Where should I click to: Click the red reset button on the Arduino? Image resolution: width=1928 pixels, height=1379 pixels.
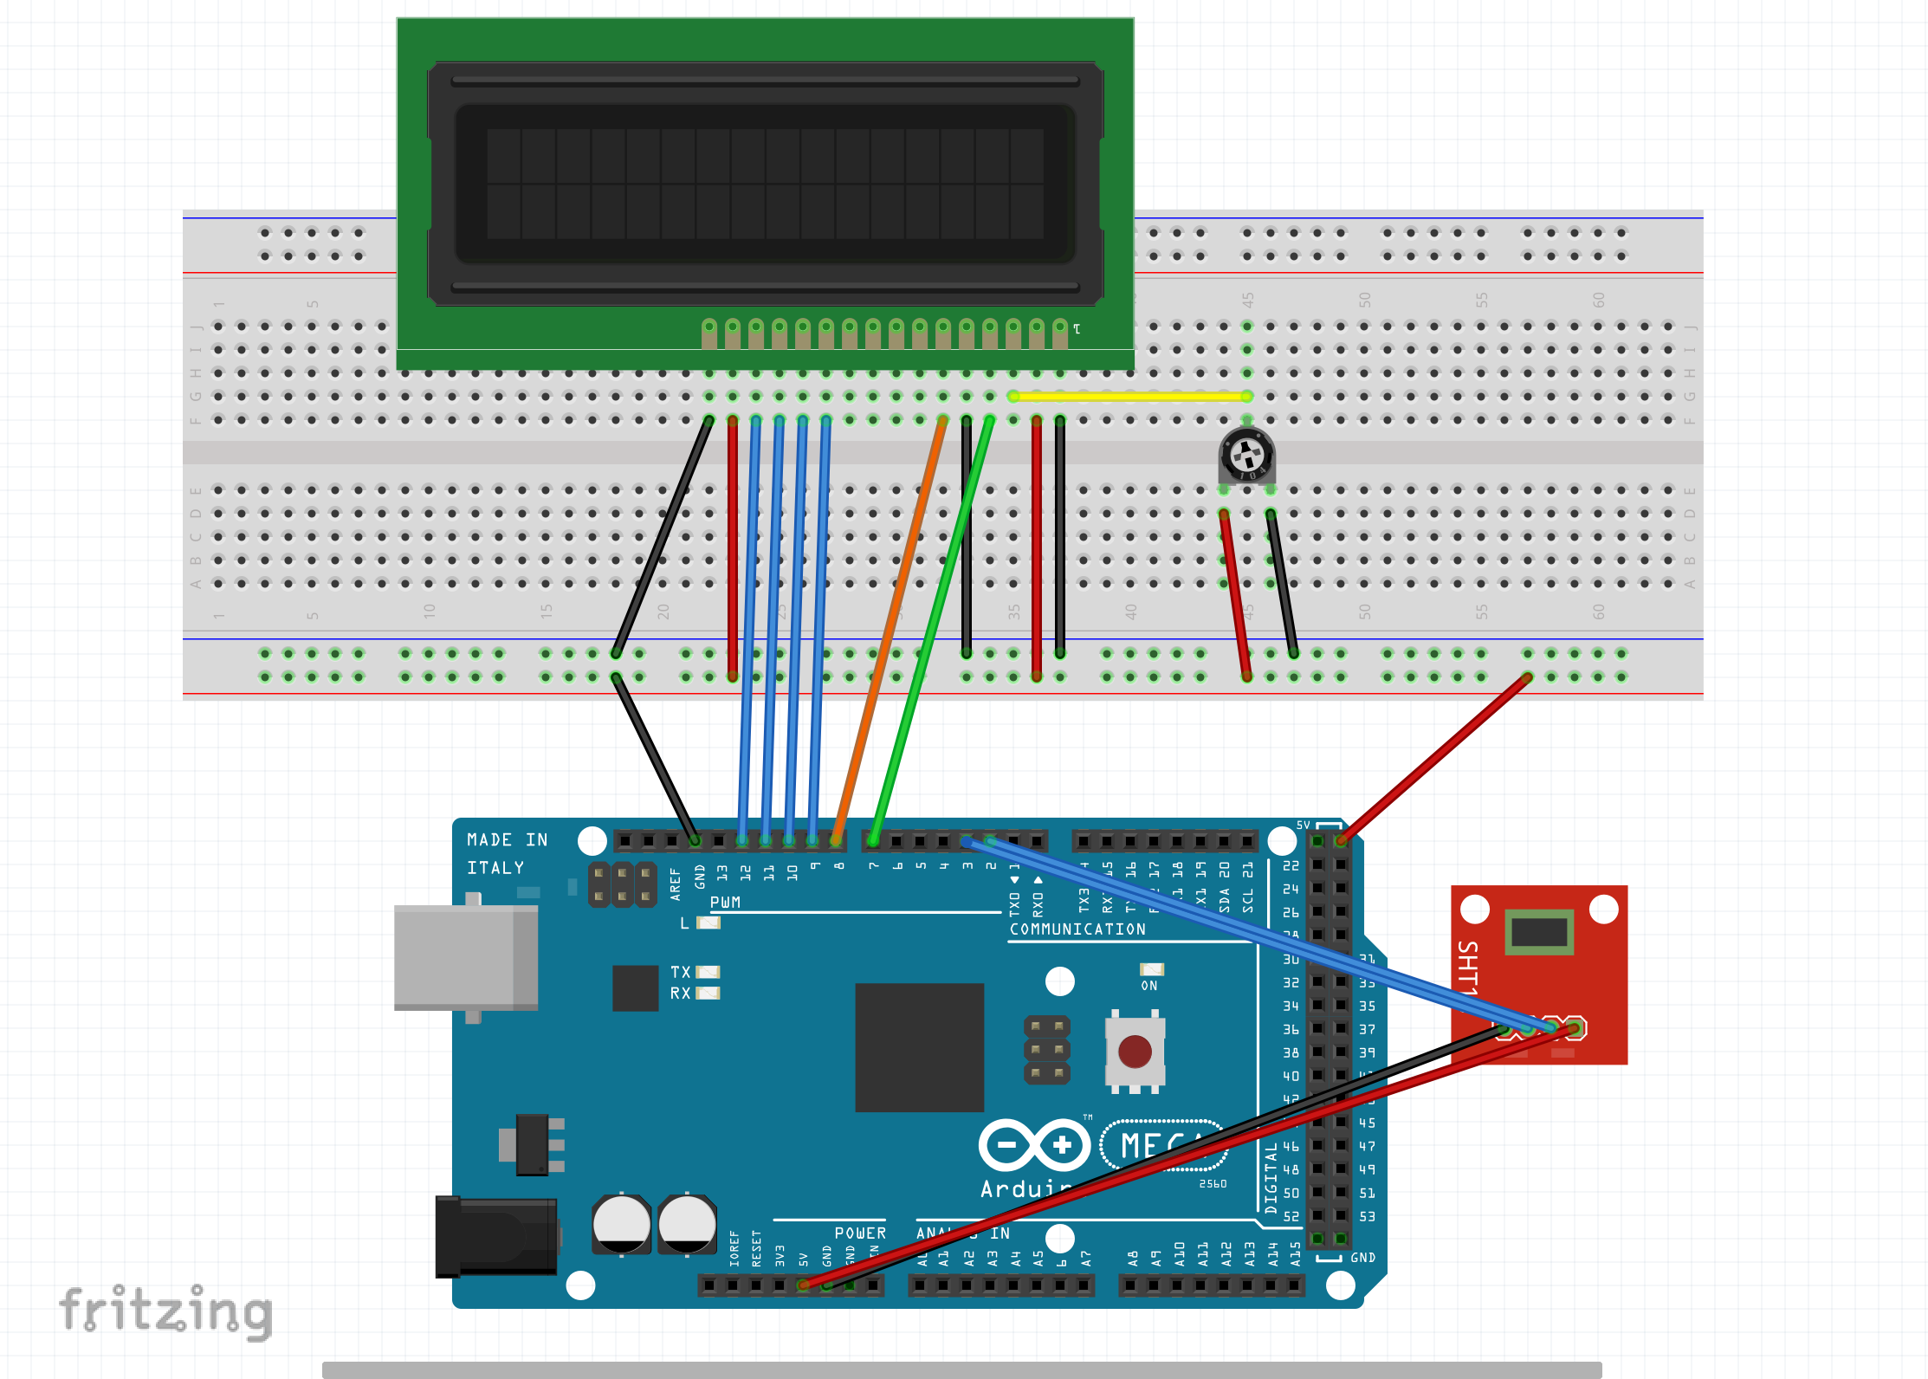(1135, 1052)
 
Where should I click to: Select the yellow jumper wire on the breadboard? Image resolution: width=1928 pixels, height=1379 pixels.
(1129, 396)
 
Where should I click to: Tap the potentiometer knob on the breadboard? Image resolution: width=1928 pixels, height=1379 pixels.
(1246, 454)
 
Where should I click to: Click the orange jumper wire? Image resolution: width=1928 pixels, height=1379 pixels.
(892, 624)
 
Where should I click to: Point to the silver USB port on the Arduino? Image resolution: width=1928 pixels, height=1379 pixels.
(466, 957)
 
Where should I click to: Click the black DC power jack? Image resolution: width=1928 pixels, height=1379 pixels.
(495, 1237)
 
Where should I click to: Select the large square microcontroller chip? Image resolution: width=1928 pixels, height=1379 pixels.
(919, 1046)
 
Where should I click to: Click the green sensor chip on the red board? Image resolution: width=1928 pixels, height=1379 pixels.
(1539, 932)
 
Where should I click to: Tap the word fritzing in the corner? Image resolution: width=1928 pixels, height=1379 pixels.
(166, 1311)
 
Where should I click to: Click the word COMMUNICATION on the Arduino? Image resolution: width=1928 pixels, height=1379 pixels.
(1077, 929)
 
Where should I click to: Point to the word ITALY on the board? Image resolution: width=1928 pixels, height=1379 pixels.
(495, 868)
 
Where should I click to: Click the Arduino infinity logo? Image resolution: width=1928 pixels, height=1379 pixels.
(1034, 1145)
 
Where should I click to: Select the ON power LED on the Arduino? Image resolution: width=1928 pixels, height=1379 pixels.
(1150, 969)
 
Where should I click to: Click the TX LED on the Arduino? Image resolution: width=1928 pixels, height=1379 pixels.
(708, 972)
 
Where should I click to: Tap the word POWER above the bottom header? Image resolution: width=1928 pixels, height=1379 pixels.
(859, 1233)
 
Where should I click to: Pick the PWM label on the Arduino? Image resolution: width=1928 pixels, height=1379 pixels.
(725, 903)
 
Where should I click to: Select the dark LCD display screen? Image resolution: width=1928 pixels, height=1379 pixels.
(765, 184)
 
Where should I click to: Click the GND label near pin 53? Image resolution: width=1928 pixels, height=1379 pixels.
(1362, 1258)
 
